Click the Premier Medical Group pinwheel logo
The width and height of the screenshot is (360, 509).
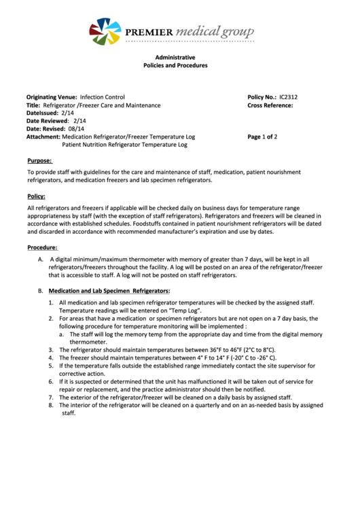coord(105,31)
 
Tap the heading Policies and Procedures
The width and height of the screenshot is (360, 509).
coord(175,66)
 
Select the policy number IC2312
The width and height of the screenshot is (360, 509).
coord(288,97)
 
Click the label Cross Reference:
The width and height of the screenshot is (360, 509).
coord(270,106)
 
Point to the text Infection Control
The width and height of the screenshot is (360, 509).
coord(102,97)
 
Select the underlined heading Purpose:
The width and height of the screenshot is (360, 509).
coord(39,161)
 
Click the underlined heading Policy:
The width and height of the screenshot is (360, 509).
coord(36,196)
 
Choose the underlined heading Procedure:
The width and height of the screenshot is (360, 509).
coord(42,247)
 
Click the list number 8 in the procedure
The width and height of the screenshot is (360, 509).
coord(51,405)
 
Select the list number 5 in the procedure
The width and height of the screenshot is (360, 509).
coord(51,366)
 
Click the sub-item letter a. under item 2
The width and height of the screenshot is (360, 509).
coord(62,334)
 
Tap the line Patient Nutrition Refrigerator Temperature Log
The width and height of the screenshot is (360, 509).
coord(124,145)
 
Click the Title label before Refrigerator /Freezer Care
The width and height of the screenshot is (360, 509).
coord(33,105)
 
